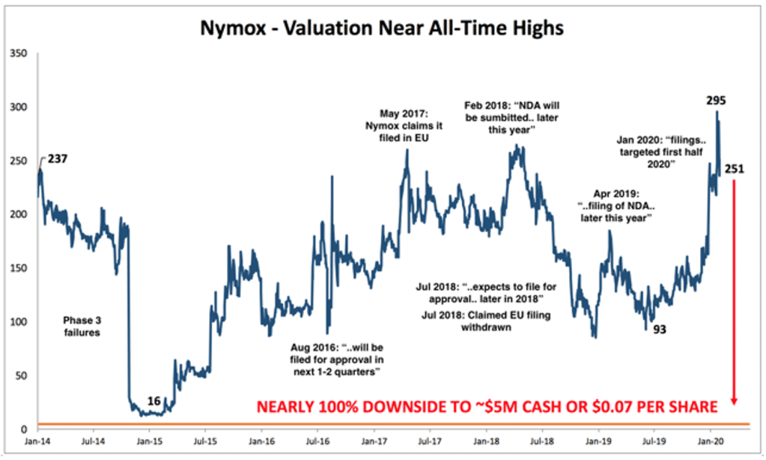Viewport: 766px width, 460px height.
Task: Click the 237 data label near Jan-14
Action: pyautogui.click(x=59, y=159)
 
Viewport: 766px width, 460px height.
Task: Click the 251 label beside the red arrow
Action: pyautogui.click(x=735, y=169)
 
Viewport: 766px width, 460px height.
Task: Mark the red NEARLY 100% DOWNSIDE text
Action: pyautogui.click(x=487, y=408)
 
